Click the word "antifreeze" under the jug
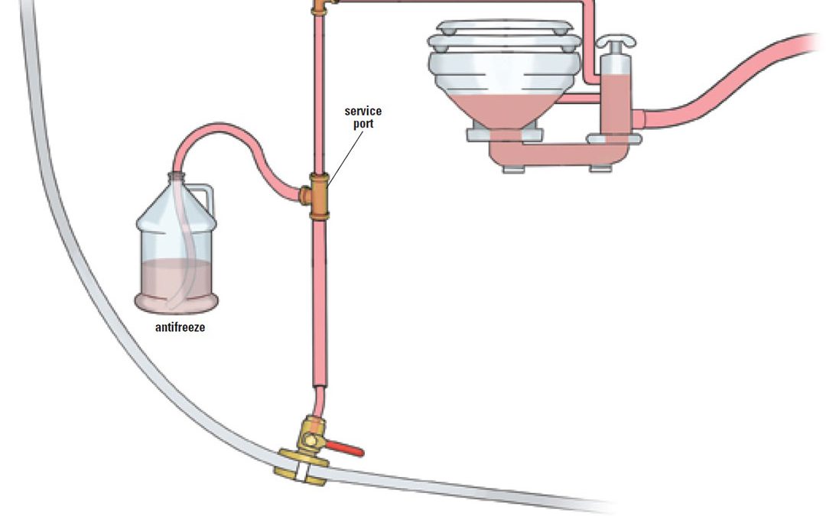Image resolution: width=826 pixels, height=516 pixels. click(180, 327)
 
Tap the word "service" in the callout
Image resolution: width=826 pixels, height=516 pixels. click(363, 111)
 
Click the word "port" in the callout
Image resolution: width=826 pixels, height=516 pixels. click(363, 124)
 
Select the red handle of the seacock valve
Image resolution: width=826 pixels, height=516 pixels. click(344, 449)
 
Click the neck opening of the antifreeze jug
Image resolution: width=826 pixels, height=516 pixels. click(177, 176)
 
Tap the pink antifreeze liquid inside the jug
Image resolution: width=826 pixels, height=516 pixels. click(177, 285)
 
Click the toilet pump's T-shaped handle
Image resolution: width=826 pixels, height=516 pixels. click(615, 42)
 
